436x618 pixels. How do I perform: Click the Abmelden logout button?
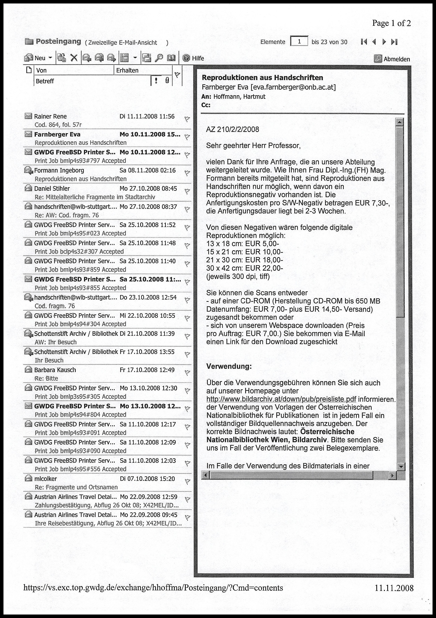[393, 59]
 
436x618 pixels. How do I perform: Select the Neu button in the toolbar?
[38, 58]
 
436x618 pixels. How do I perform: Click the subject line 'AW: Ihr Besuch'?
[56, 342]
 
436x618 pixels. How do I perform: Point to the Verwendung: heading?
[229, 366]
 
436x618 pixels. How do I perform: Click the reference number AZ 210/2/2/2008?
[232, 129]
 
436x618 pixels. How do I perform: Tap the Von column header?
[42, 70]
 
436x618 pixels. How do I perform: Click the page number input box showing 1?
[299, 41]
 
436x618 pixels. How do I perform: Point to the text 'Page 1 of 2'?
[391, 23]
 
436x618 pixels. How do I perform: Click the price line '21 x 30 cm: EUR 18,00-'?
[245, 260]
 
